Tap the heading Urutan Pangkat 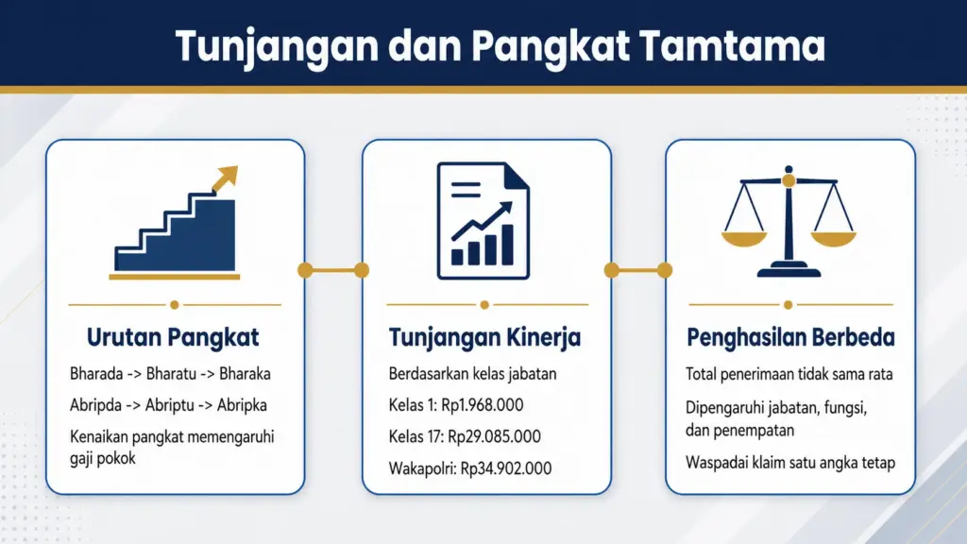[x=173, y=337]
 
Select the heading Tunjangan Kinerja [x=484, y=337]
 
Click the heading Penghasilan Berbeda [x=790, y=337]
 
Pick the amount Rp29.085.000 [x=495, y=436]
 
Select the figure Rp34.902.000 [x=505, y=467]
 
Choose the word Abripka [x=242, y=405]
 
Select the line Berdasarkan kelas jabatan [x=472, y=373]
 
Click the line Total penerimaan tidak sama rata [x=789, y=374]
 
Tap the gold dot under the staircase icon [x=175, y=305]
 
